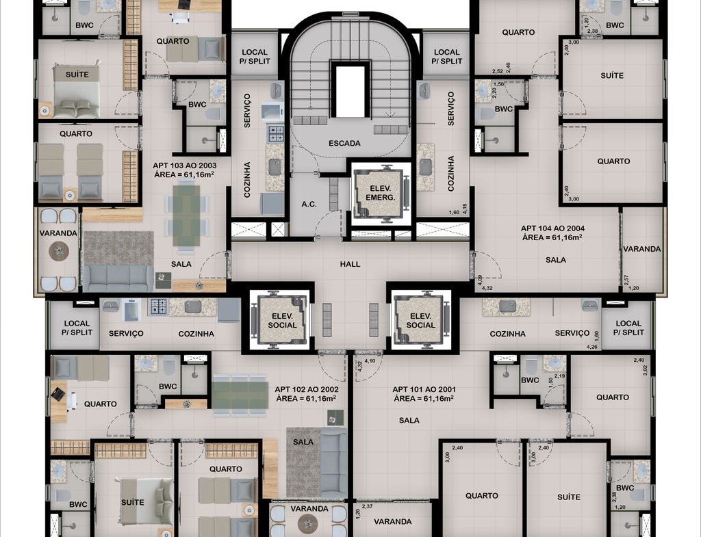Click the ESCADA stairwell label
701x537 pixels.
pos(344,144)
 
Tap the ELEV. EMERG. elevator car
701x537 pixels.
pos(381,192)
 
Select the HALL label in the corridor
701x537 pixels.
pos(350,264)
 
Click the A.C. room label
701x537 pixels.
pos(309,204)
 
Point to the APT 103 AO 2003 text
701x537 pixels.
pos(184,166)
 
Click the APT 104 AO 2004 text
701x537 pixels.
pos(552,228)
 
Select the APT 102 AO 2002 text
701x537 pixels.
pos(306,389)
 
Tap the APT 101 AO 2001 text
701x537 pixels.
pos(424,389)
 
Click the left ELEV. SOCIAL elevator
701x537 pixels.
pos(281,320)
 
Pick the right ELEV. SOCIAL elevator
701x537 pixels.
pos(420,320)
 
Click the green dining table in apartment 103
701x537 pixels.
pos(186,215)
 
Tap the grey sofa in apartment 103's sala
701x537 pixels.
pos(118,278)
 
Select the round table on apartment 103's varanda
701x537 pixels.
pos(59,251)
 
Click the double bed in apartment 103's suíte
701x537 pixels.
pos(77,92)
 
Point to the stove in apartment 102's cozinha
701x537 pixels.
pos(158,306)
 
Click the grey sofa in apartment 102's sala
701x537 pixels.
pos(333,462)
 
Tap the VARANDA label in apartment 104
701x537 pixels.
pos(642,249)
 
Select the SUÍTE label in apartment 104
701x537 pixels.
pos(612,75)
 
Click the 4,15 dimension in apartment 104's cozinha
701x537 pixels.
pos(465,209)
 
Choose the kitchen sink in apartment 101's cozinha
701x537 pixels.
pos(507,306)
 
